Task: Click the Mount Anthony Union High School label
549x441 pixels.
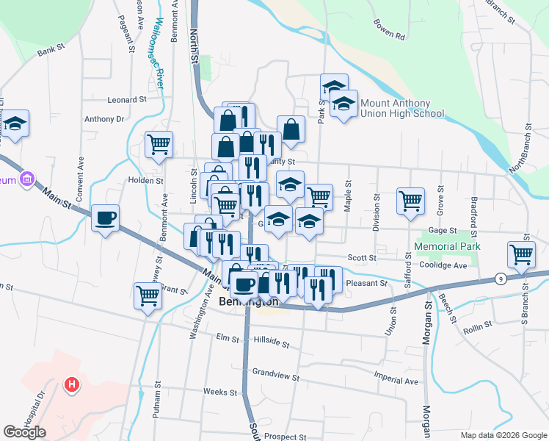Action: pos(401,108)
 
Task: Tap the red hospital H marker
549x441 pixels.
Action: pos(71,384)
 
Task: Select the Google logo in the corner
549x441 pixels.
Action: pos(24,432)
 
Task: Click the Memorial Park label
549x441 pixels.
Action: pos(447,246)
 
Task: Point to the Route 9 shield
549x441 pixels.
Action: pos(500,279)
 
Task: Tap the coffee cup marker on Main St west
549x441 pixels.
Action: pos(106,218)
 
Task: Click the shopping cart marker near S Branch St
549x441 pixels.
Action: pos(521,254)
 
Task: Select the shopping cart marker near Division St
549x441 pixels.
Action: pos(410,200)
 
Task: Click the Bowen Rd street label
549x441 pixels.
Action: pos(389,35)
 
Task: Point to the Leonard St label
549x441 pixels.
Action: pos(127,99)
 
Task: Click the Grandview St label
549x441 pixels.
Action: pos(275,376)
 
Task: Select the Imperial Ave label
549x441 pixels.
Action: pos(396,381)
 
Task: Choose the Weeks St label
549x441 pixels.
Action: pos(220,392)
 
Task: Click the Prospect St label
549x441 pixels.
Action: pos(285,437)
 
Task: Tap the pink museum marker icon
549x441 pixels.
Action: pos(28,179)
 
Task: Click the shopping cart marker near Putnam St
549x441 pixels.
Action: pos(148,295)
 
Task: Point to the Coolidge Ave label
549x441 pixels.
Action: pos(443,265)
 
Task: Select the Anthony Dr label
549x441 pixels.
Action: pos(104,118)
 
